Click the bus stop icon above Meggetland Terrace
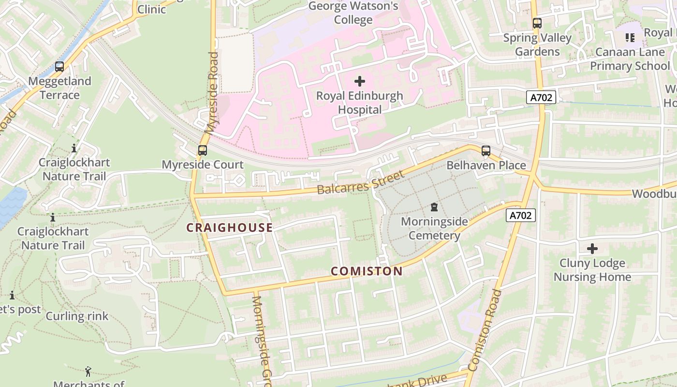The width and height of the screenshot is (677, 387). coord(59,67)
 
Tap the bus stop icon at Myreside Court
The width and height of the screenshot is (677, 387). coord(202,150)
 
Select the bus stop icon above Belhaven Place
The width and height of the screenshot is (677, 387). coord(486,151)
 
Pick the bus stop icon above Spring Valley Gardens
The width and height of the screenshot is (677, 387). coord(537,23)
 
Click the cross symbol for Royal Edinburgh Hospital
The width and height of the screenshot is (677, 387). coord(360,81)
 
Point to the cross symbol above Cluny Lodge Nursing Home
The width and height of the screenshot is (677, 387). coord(592,249)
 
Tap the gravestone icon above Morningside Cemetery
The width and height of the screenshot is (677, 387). coord(434,207)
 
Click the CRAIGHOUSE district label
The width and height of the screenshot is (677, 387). coord(230,228)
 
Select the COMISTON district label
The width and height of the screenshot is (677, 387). coord(367,271)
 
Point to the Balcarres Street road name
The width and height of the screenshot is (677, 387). coord(360,183)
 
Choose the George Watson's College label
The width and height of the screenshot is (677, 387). coord(353,13)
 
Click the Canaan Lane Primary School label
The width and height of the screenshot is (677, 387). coord(630,59)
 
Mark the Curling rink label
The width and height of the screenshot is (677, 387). coord(77,316)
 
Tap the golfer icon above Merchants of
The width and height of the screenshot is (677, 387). coord(88,372)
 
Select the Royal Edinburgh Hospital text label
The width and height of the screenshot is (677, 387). coord(359,103)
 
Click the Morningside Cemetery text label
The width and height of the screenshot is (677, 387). coord(434,228)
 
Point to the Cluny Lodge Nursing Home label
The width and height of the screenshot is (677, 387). coord(592,270)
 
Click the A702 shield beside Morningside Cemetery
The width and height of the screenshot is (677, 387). coord(521,215)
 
